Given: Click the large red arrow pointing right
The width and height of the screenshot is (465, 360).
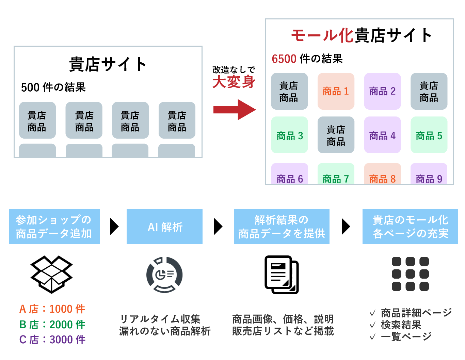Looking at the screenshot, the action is pos(234,110).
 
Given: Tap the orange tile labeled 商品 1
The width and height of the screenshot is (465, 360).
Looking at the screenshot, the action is pos(336,91).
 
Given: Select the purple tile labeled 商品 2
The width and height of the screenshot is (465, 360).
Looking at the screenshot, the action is pos(382,91).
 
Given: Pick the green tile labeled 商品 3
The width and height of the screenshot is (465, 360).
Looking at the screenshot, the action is pos(289,135).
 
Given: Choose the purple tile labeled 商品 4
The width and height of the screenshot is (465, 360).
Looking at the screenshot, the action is pos(382,135).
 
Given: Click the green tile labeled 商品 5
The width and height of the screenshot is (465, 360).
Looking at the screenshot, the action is pos(429,135).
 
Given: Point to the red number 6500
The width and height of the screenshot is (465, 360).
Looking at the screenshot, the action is pos(284,59).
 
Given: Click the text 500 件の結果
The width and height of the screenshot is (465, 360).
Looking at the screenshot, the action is pos(53,87).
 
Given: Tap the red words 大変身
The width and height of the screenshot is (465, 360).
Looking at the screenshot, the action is pos(234,81).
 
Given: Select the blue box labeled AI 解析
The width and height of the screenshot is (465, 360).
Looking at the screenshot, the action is pos(164,226).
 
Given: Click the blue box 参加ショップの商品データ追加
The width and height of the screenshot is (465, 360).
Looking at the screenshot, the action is pos(54,226).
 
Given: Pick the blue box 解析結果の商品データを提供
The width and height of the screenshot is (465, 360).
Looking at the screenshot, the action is pos(282,226).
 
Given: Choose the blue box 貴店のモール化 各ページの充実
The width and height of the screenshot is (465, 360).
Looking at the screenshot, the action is pos(410,226).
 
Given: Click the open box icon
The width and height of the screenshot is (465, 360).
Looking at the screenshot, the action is pos(51,275).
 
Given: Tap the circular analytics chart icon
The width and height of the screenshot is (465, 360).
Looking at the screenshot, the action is pos(164,275).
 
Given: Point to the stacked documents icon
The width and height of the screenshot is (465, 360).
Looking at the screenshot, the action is pos(282,275).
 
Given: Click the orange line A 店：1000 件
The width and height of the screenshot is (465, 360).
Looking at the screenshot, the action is pos(52,309).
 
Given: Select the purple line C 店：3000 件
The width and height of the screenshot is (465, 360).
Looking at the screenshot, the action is pos(52,340).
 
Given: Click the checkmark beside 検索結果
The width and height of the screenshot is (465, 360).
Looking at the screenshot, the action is pos(372,325).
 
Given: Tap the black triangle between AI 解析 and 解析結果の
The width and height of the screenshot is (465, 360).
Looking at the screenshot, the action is pos(218,226).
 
